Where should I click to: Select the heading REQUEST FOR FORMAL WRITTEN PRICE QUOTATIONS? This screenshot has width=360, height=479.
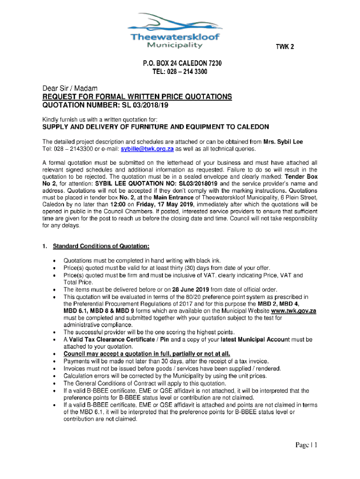(x=137, y=96)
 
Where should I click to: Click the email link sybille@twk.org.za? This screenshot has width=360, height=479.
(x=147, y=149)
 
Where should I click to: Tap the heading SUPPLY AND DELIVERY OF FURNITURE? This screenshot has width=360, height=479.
(x=156, y=127)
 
